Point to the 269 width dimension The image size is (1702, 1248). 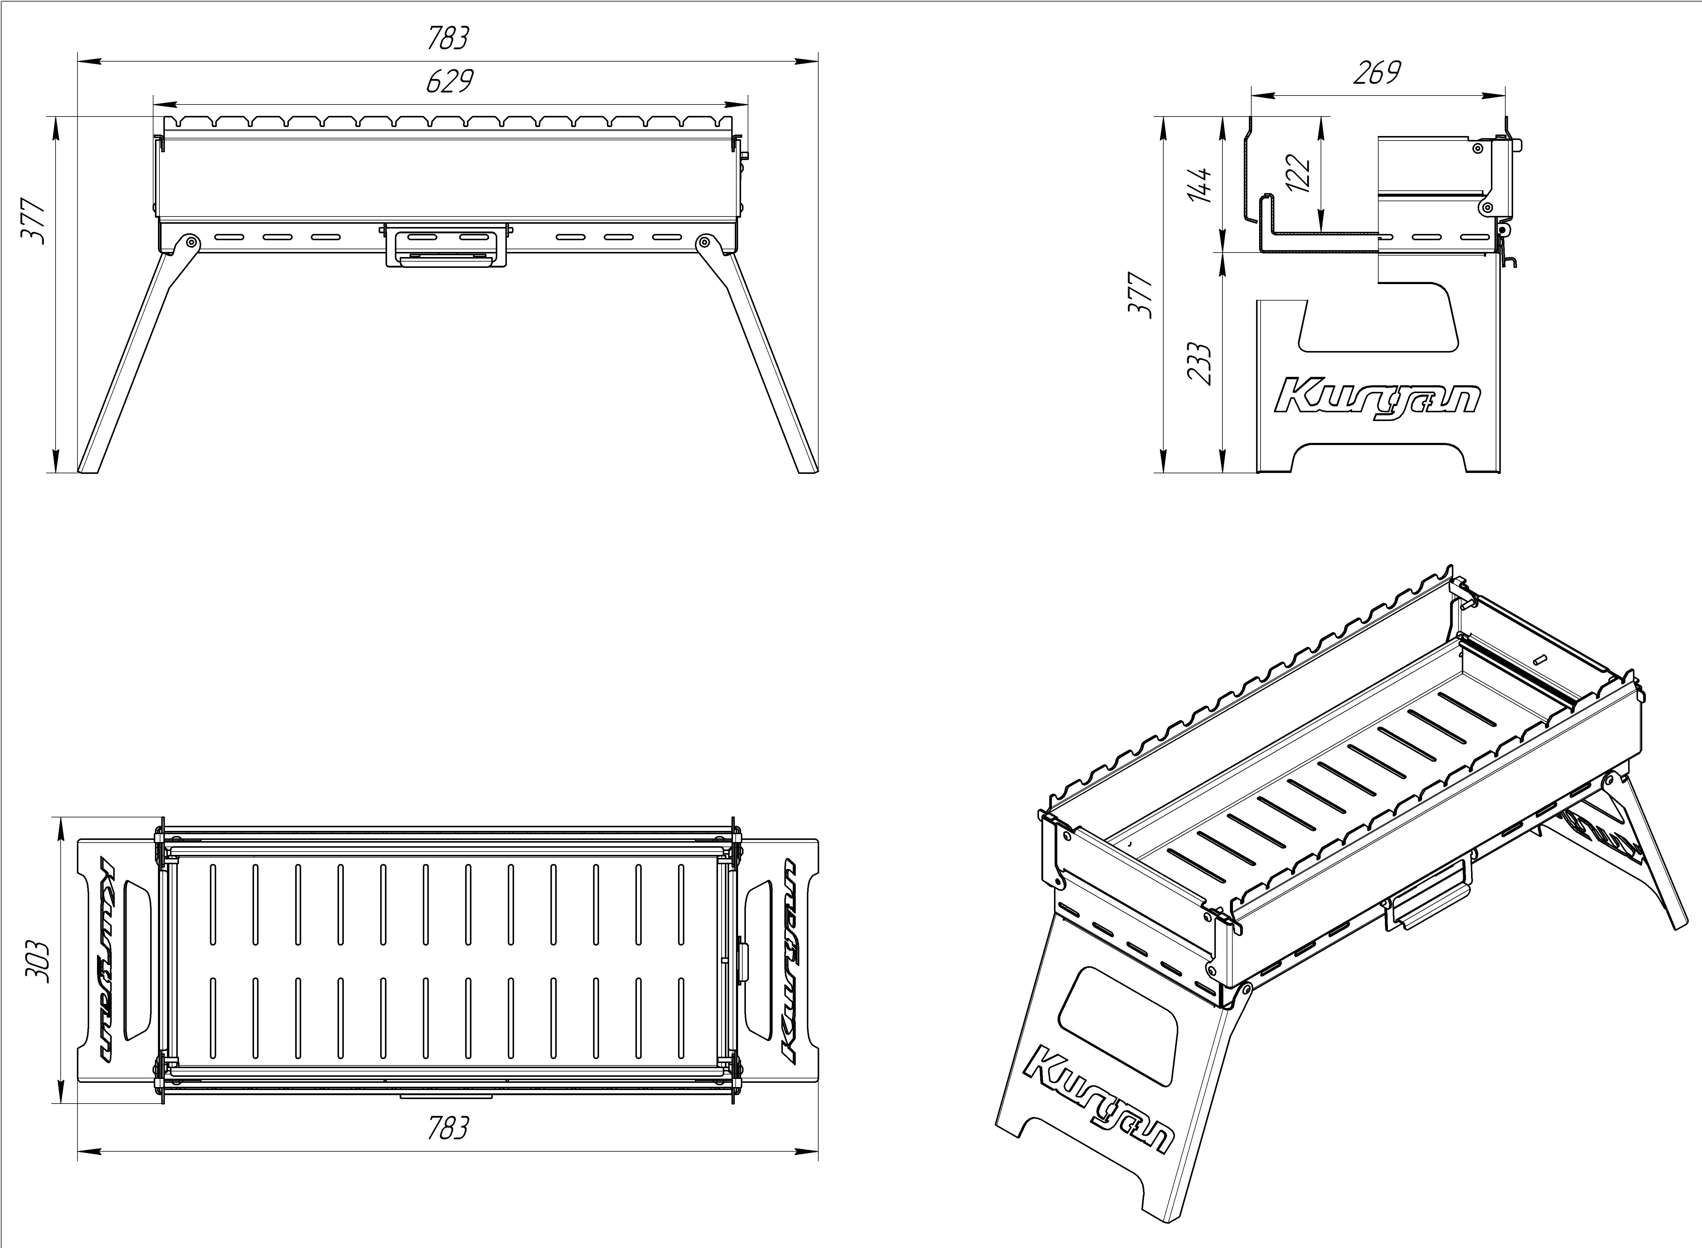point(1376,73)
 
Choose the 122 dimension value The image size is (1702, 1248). point(1298,174)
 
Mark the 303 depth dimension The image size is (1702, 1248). point(38,961)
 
